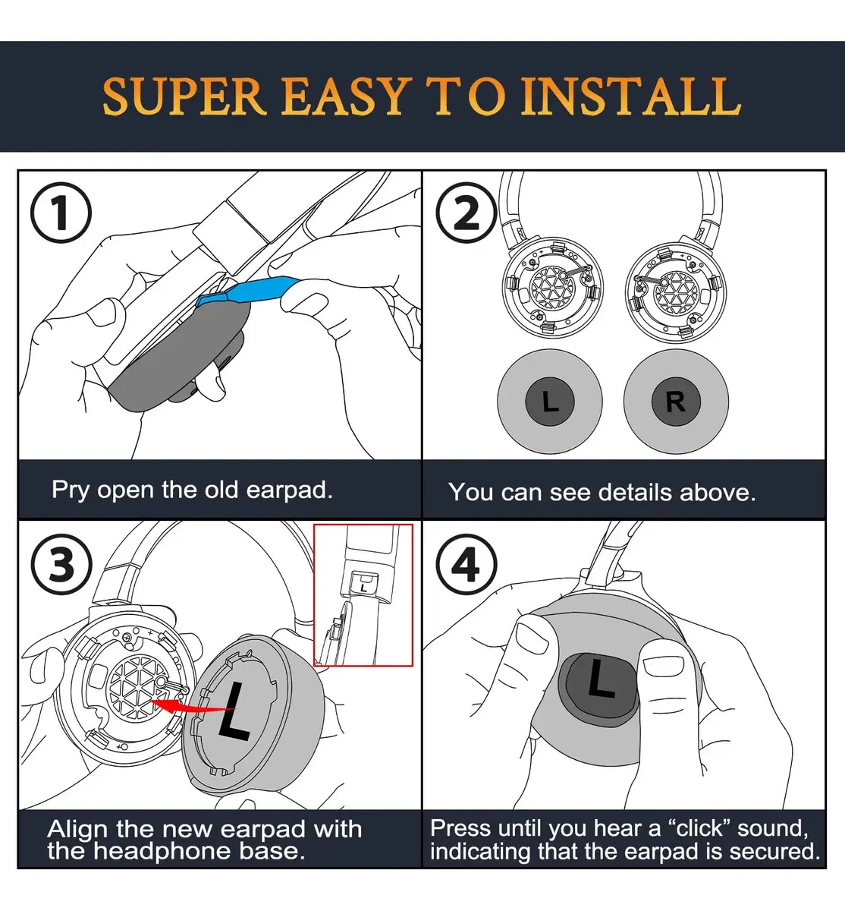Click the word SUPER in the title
point(184,96)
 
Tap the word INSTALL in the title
point(630,96)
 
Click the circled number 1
point(61,213)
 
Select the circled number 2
point(466,213)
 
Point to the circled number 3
point(61,564)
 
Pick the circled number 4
point(466,564)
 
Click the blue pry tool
point(247,290)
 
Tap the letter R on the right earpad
point(676,402)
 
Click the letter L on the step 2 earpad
point(550,402)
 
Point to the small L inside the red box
point(364,588)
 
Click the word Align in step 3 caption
point(78,830)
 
